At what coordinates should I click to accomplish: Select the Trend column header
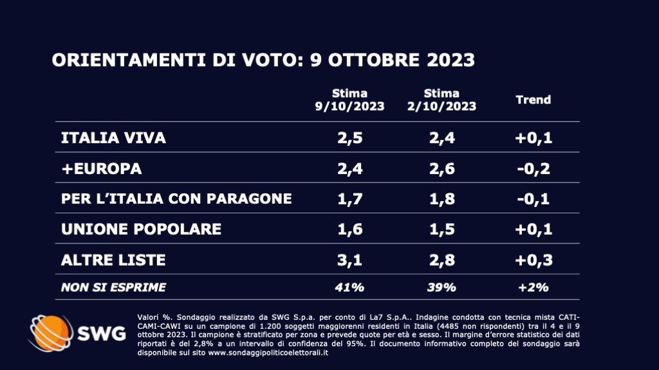tap(534, 100)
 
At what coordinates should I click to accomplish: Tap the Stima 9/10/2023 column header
tap(349, 100)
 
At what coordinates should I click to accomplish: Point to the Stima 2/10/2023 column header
tap(441, 100)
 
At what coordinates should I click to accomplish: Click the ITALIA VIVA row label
tap(113, 138)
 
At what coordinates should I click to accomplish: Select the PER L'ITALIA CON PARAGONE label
tap(176, 198)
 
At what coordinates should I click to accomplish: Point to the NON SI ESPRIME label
tap(113, 287)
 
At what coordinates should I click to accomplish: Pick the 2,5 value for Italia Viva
tap(349, 138)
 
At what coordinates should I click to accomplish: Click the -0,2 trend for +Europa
tap(534, 168)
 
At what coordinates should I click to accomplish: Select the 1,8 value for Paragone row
tap(441, 198)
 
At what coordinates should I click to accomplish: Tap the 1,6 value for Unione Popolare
tap(349, 229)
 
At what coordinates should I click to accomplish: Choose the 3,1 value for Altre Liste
tap(349, 260)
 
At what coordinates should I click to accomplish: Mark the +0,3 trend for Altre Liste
tap(534, 260)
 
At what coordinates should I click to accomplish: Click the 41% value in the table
tap(349, 287)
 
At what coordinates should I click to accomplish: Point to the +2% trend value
tap(534, 287)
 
